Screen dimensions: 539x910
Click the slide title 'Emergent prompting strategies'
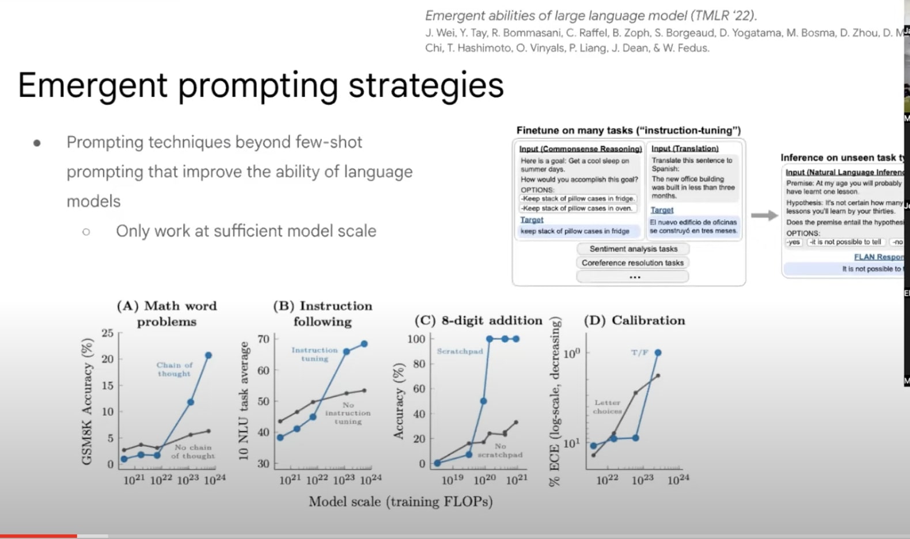coord(260,85)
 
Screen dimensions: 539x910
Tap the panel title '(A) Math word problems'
coord(167,313)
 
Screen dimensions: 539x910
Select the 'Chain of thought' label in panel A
coord(174,369)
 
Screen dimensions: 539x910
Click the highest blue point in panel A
coord(208,355)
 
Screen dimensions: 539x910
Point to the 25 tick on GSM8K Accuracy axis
coord(108,333)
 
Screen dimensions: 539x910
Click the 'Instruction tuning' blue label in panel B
coord(314,354)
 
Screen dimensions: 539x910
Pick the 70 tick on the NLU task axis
coord(263,339)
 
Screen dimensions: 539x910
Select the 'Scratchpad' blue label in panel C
coord(460,351)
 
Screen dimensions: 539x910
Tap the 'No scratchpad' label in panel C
coord(500,450)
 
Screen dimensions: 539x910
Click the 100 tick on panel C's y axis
coord(416,339)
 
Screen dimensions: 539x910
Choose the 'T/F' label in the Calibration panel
coord(639,352)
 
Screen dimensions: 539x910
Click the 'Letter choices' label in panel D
coord(608,407)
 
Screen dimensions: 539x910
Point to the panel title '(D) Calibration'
coord(634,320)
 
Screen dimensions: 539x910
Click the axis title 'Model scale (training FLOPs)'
coord(400,502)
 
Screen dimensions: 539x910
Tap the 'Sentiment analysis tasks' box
coord(633,249)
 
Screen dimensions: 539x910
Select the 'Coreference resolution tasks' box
coord(632,263)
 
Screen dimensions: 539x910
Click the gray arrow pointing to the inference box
coord(764,215)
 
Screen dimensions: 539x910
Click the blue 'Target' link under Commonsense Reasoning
coord(532,220)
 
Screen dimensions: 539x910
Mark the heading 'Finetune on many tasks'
coord(628,130)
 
